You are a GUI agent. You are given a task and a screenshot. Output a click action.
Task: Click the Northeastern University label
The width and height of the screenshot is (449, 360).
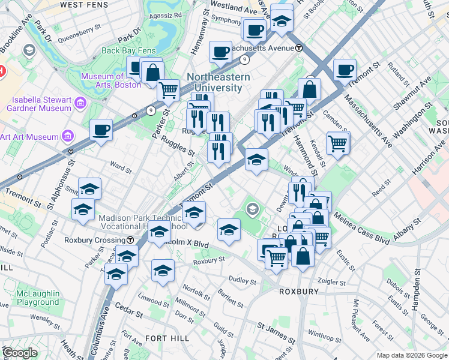(214, 82)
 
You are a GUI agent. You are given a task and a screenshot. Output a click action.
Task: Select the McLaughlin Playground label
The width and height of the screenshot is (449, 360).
(38, 298)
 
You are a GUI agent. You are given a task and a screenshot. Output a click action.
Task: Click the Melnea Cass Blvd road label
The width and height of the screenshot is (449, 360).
(360, 227)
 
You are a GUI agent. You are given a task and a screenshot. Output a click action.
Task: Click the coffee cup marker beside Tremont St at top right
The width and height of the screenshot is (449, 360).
(345, 69)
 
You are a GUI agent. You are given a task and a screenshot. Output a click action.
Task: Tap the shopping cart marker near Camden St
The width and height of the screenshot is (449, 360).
(338, 143)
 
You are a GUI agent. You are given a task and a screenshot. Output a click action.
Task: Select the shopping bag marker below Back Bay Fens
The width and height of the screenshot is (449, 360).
(153, 72)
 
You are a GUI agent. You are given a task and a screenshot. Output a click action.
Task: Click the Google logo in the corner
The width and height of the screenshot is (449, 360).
(20, 352)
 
